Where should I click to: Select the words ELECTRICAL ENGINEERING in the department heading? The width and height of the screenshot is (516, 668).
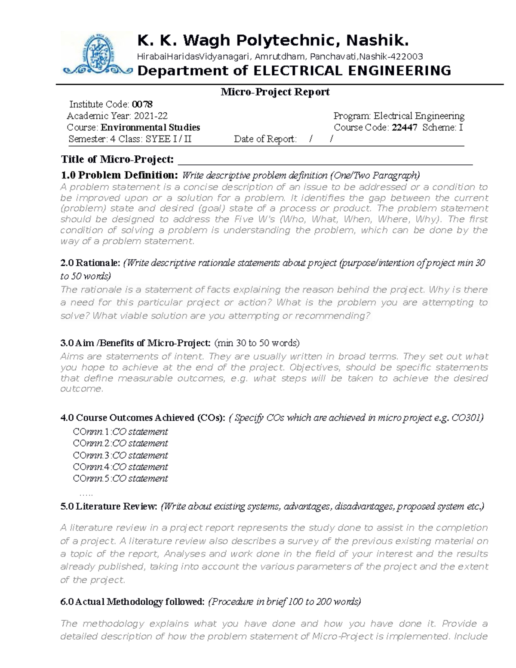click(352, 71)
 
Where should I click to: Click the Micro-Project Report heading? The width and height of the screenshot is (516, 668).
click(275, 92)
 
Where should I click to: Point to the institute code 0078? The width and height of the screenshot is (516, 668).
click(142, 104)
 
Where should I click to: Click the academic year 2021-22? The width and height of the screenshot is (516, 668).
click(150, 116)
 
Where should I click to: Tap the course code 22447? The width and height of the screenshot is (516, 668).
click(404, 127)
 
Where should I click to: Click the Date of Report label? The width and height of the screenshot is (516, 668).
click(265, 139)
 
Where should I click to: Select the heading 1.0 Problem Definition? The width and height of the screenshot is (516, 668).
click(119, 175)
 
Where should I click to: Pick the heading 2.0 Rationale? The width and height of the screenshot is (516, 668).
click(91, 263)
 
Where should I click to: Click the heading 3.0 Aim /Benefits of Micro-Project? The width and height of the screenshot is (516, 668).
click(136, 343)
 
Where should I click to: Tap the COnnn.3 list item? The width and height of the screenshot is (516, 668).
click(120, 455)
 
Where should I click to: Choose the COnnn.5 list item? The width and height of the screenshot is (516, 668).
click(120, 478)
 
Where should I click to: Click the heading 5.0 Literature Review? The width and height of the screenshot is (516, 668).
click(109, 506)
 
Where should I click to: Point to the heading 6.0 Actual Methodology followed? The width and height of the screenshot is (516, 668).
click(132, 602)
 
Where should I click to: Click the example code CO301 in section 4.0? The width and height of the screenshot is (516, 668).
click(467, 418)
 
